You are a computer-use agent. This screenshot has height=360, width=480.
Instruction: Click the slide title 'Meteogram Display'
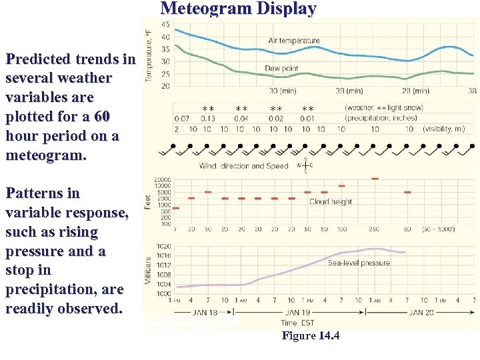pos(239,9)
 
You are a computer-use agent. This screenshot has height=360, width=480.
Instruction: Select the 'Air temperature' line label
pos(294,41)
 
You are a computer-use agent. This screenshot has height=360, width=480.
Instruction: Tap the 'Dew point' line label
pos(281,68)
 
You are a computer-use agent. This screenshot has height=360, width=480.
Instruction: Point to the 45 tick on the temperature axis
pos(165,25)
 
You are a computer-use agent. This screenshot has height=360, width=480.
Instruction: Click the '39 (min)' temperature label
pos(349,91)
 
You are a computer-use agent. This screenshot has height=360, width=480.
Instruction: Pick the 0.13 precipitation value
pos(207,119)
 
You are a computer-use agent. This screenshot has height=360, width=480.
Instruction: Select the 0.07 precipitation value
pos(181,119)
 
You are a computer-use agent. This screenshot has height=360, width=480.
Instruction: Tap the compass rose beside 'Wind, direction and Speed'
pos(304,165)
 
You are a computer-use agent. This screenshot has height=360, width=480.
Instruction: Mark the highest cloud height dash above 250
pos(375,179)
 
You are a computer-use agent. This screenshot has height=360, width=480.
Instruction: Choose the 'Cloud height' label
pos(331,201)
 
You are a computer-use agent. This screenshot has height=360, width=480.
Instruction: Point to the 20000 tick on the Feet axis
pos(162,180)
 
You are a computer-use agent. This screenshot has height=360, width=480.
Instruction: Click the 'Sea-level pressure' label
pos(359,263)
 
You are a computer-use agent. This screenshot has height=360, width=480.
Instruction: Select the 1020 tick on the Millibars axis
pos(163,246)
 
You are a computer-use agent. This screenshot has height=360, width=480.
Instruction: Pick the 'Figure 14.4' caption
pos(310,335)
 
